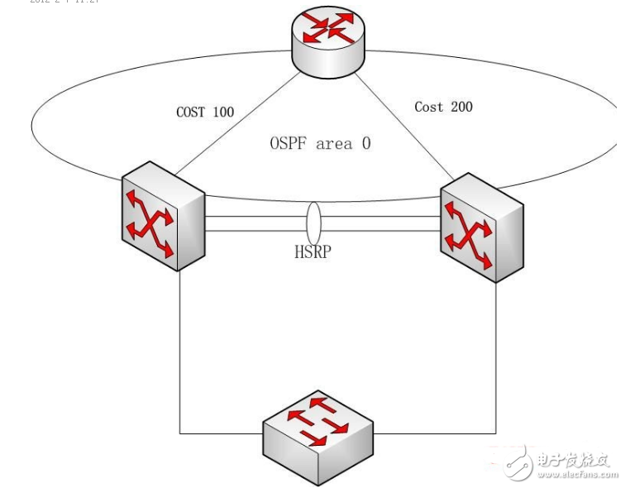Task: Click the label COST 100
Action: [205, 112]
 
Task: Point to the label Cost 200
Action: [443, 107]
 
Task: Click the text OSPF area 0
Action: [320, 143]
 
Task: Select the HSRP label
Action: [312, 252]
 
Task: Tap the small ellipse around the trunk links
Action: [312, 222]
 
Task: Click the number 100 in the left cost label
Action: [222, 112]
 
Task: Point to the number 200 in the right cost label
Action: [461, 107]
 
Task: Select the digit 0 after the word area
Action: [365, 143]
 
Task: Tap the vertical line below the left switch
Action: [180, 347]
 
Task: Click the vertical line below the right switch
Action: [495, 356]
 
